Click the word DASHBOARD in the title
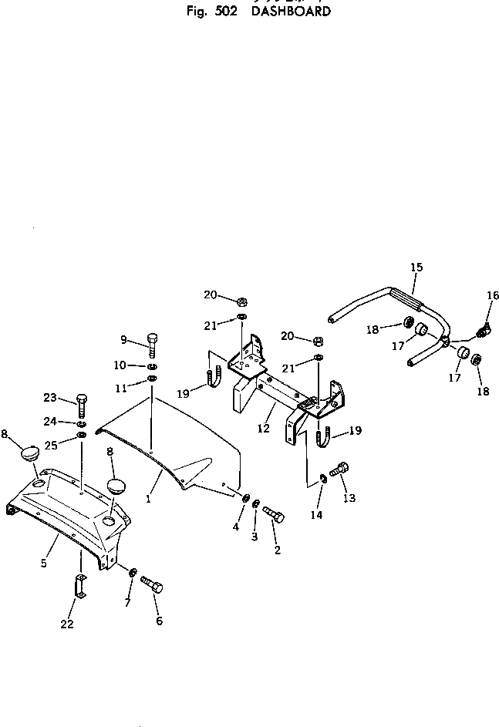291,12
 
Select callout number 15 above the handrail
416,268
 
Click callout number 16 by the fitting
493,295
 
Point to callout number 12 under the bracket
264,429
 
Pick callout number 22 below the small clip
67,624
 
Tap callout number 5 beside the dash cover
44,564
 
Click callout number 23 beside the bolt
50,398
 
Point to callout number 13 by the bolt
349,498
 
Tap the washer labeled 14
324,482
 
